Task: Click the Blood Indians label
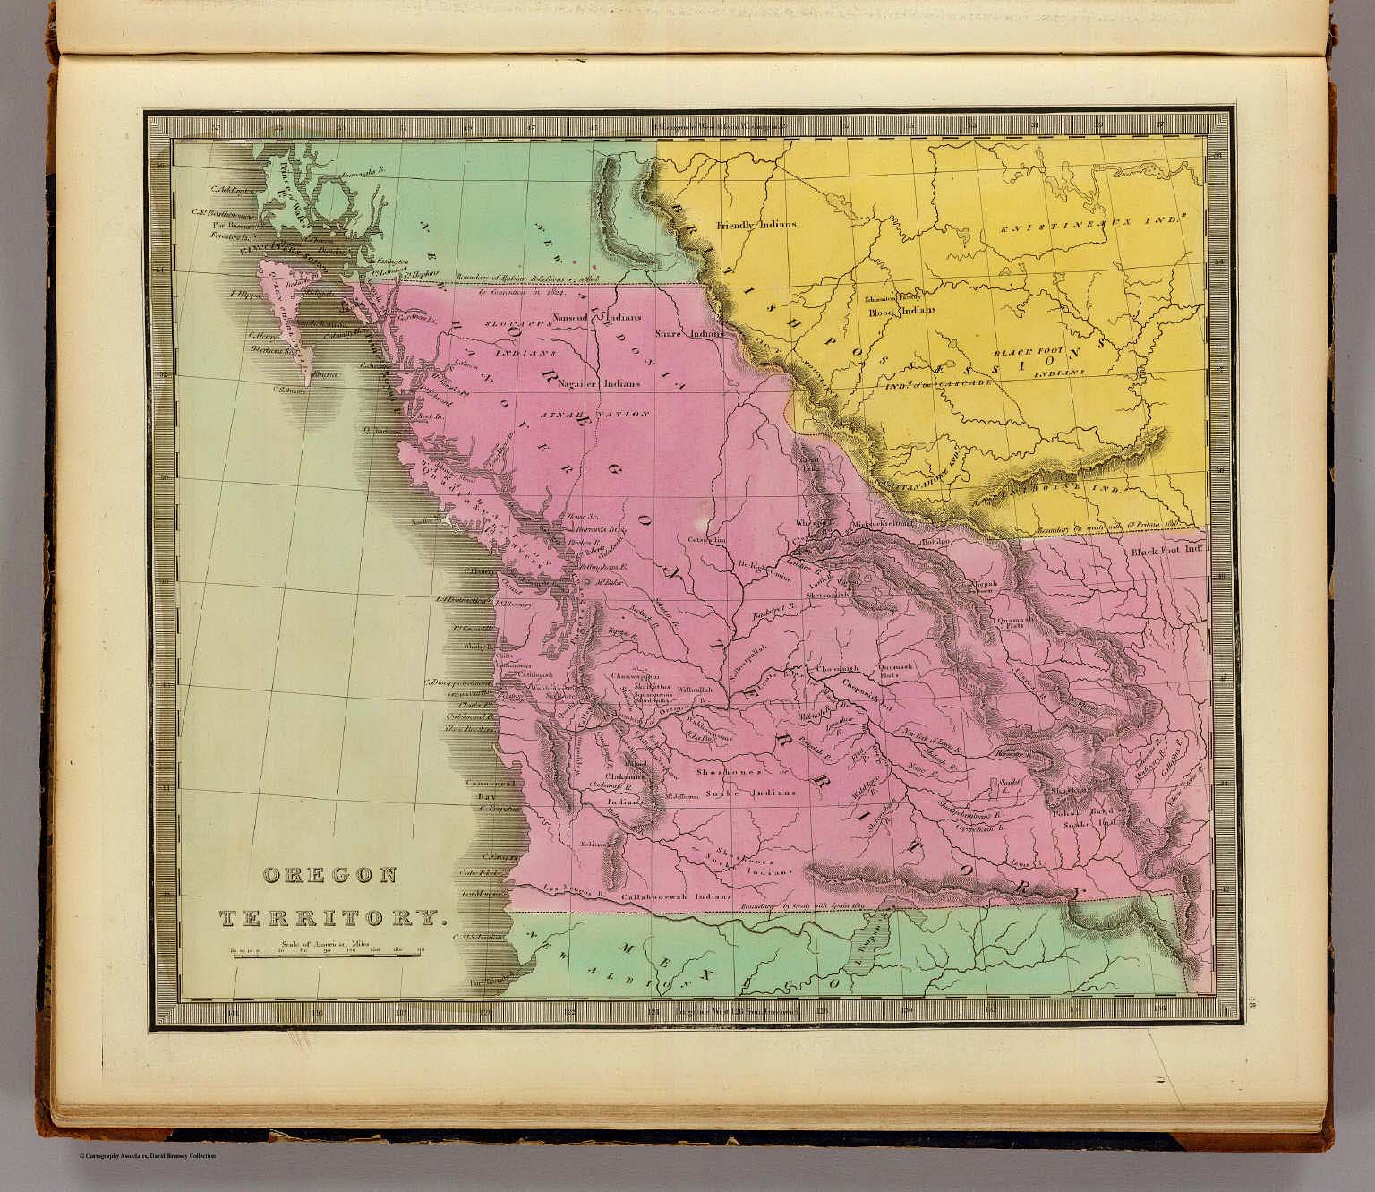[x=902, y=311]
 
